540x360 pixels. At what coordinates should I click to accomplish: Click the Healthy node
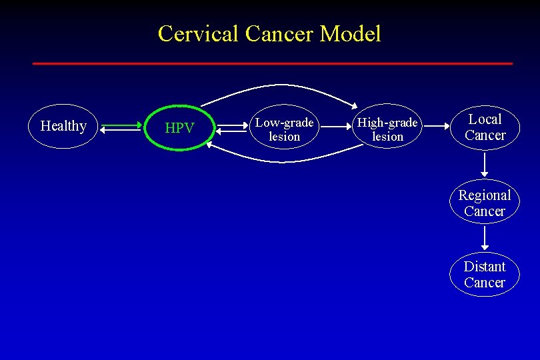pos(63,126)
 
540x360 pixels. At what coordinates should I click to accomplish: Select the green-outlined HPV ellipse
pos(179,128)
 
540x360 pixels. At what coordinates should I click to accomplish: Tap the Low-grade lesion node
pos(285,129)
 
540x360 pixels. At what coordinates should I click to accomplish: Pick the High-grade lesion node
pos(387,129)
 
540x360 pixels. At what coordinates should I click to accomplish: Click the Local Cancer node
pos(485,127)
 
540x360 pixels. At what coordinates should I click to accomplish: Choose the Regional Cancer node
pos(485,203)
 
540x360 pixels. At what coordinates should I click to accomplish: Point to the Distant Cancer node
pos(485,274)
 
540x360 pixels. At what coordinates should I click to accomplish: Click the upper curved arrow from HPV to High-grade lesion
pos(280,88)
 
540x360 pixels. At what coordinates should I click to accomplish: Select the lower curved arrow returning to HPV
pos(280,160)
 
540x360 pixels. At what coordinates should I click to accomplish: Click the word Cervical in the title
pos(199,33)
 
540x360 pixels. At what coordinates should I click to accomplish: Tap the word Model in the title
pos(351,33)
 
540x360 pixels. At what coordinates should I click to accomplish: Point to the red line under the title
pos(273,63)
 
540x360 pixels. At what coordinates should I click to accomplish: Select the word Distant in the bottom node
pos(485,267)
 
